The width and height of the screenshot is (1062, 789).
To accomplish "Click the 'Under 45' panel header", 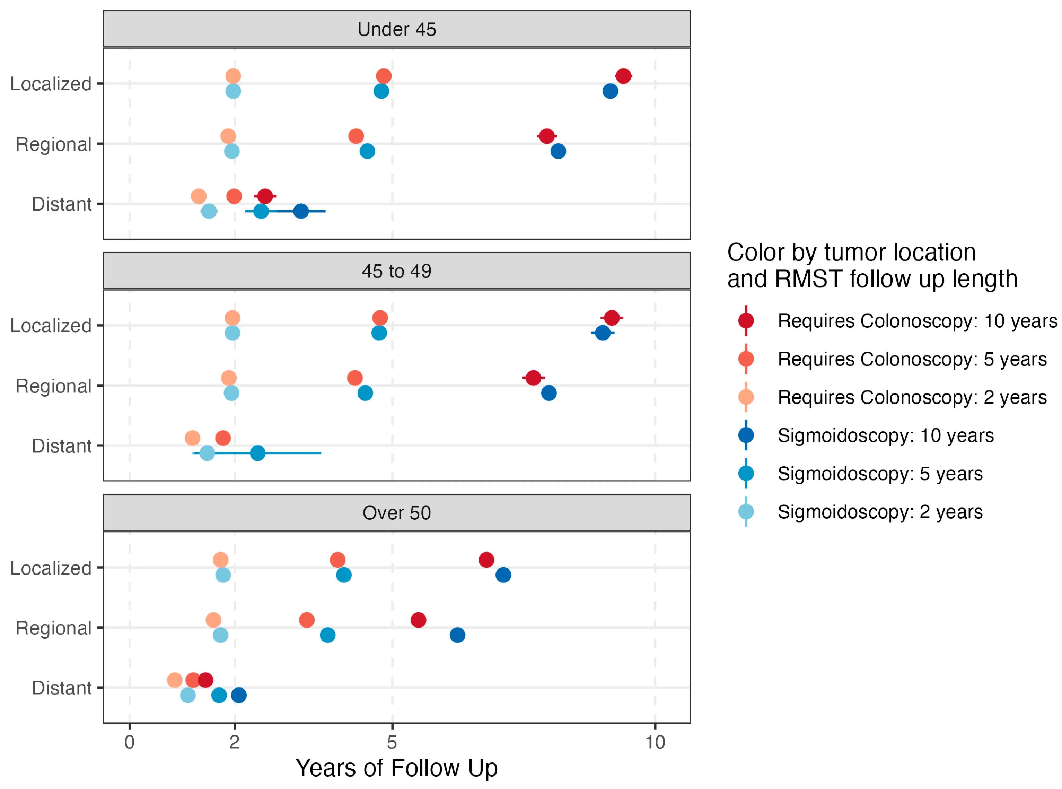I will [x=396, y=29].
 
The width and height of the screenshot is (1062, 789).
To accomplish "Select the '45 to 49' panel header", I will [x=396, y=271].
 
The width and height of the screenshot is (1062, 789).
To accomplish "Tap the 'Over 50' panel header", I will [x=396, y=512].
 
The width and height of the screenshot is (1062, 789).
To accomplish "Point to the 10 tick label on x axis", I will [x=655, y=742].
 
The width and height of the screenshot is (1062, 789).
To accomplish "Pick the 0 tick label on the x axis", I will [x=129, y=742].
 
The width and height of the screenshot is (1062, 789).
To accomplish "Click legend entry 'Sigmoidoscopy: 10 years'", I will [x=885, y=435].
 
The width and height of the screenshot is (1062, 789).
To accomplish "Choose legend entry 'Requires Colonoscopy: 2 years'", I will [x=912, y=397].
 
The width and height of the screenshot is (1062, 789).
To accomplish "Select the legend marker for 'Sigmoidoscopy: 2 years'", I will [x=746, y=511].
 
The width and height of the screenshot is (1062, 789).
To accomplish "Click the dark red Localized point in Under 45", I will [x=623, y=76].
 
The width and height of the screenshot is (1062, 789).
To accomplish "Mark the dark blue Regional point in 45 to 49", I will [x=549, y=393].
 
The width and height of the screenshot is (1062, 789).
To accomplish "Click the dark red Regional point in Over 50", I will [x=418, y=620].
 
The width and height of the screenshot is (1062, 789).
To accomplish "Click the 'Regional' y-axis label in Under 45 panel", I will [x=54, y=144].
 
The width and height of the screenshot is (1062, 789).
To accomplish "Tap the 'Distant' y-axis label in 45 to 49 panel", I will [x=62, y=446].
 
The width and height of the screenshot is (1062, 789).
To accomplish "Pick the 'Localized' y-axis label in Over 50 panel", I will [x=51, y=568].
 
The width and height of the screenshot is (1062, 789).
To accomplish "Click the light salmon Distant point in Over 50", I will [x=175, y=680].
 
